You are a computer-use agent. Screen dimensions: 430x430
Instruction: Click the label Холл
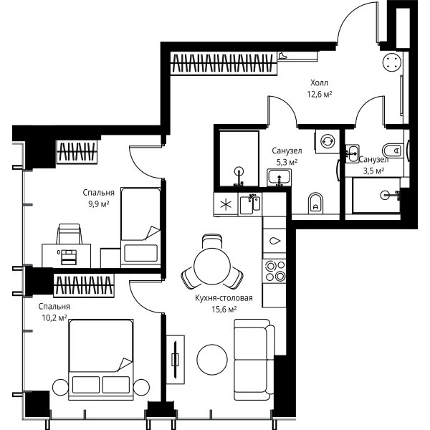coord(319,82)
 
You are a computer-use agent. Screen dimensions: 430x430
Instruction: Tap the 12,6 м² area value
coord(319,95)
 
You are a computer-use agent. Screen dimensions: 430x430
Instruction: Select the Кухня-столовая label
coord(224,298)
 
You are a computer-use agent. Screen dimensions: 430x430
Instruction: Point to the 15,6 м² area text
coord(224,310)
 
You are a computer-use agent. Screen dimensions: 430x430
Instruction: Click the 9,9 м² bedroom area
coord(98,204)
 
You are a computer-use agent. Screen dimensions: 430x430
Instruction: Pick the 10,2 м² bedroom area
coord(54,317)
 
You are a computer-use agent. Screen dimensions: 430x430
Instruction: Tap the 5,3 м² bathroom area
coord(287,163)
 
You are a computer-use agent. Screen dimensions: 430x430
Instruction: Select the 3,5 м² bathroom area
coord(373,171)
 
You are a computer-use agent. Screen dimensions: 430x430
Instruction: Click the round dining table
coord(211,266)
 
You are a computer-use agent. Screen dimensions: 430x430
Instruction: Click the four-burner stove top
coord(274,271)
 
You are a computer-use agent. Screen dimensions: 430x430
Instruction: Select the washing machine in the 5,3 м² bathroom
coord(328,141)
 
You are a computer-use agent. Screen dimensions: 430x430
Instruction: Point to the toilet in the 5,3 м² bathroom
coord(315,203)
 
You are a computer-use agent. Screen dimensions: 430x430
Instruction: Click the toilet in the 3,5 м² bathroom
coord(393,150)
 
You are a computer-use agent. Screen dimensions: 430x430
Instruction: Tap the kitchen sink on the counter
coord(250,204)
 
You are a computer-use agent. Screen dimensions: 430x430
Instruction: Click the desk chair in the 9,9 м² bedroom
coord(69,234)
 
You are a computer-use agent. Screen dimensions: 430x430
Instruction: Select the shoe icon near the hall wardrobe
coord(282,56)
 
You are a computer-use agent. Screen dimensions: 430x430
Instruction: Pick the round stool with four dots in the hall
coord(392,62)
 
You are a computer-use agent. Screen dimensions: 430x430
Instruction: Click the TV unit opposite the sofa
coord(176,359)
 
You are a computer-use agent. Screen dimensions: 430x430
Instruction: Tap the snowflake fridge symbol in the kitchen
coord(226,204)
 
